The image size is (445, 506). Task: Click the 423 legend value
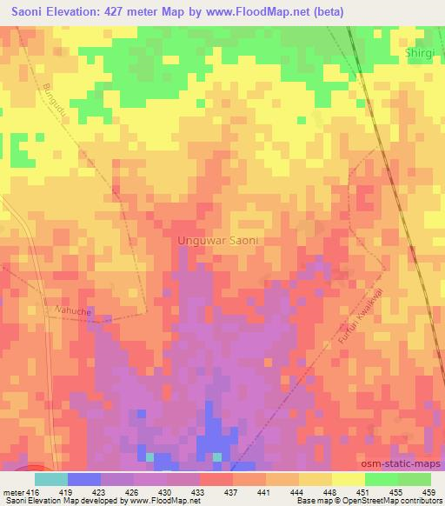coord(104,491)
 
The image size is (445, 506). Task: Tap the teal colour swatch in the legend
coord(51,479)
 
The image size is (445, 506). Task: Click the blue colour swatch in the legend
coord(84,479)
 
